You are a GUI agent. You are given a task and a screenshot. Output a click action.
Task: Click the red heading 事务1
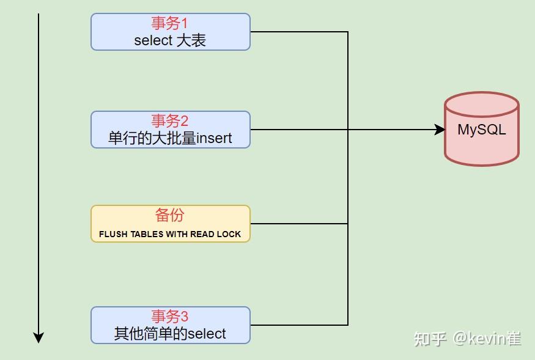170,23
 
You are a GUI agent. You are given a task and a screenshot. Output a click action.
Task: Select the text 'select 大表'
170,41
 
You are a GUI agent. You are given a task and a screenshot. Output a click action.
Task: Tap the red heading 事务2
170,120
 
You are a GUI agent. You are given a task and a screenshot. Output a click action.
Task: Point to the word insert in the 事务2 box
214,138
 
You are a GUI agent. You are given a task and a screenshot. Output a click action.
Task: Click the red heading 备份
170,215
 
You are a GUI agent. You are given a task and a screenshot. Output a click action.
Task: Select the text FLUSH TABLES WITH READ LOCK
170,234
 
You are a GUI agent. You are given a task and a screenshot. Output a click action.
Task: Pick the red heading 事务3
170,316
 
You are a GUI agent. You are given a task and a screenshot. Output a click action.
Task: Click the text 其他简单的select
170,334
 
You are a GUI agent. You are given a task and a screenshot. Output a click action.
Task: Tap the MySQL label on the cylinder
482,130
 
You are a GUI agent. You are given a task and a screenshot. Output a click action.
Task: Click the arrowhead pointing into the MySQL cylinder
440,130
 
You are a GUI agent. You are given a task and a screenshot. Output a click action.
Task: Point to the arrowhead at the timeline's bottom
39,337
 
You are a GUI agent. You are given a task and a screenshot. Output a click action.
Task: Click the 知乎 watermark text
430,338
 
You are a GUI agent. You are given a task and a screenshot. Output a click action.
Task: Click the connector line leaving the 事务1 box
300,32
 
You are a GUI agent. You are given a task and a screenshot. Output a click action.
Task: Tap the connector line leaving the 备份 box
300,224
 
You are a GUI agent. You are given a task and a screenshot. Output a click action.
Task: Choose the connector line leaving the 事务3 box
300,325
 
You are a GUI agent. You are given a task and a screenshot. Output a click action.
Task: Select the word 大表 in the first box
191,41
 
